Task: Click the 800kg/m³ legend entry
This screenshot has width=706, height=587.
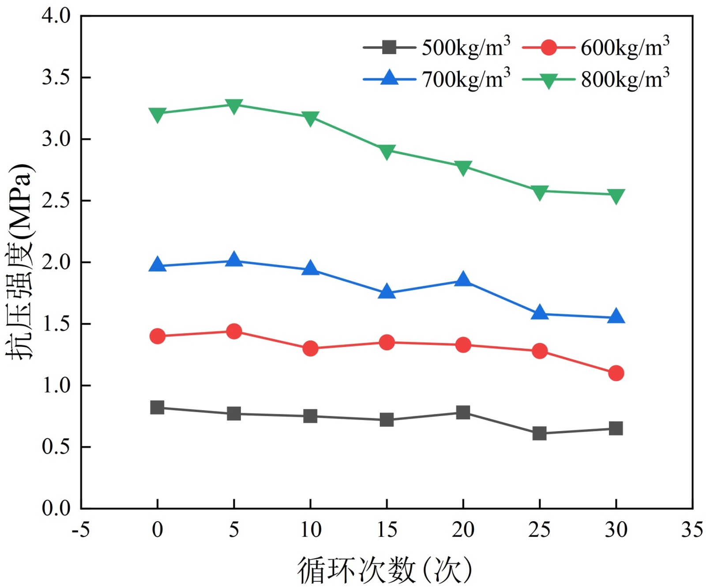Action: click(x=596, y=80)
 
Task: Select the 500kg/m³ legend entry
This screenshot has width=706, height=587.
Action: click(x=436, y=47)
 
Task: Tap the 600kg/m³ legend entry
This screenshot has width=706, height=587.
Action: click(x=596, y=47)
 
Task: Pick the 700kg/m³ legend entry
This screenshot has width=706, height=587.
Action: click(x=436, y=80)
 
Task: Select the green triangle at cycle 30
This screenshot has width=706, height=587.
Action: click(x=616, y=196)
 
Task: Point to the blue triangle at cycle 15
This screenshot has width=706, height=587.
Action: click(x=387, y=292)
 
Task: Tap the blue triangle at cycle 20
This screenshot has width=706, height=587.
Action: click(x=463, y=279)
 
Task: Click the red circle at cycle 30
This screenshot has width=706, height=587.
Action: click(x=616, y=373)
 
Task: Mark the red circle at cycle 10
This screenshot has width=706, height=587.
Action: click(x=310, y=349)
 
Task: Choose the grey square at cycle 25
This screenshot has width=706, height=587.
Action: click(x=539, y=433)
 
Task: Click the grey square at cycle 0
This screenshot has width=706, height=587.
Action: click(x=158, y=407)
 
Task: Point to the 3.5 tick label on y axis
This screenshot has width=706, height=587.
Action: click(x=56, y=77)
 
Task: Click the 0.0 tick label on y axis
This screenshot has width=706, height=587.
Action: click(x=56, y=508)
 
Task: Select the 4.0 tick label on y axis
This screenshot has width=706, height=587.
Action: click(x=56, y=16)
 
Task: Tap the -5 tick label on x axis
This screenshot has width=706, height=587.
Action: click(x=81, y=529)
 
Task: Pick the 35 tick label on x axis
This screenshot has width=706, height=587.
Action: click(x=692, y=529)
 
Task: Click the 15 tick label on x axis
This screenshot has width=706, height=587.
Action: click(x=387, y=529)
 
